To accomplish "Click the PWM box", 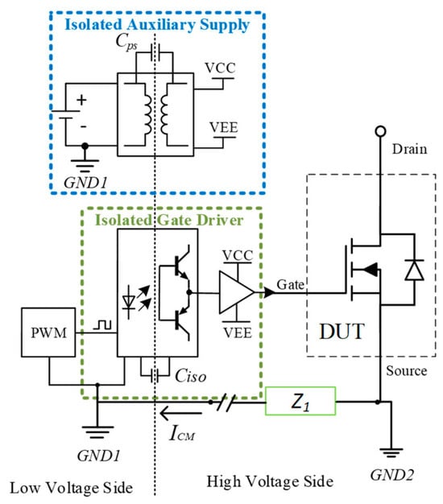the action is pyautogui.click(x=48, y=333).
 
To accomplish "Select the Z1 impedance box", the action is pyautogui.click(x=300, y=401).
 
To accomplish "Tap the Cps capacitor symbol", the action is pyautogui.click(x=155, y=52).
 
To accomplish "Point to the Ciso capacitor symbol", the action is pyautogui.click(x=155, y=375).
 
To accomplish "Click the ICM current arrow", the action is pyautogui.click(x=180, y=413).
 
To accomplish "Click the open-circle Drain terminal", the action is pyautogui.click(x=380, y=131).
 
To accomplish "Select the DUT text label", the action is pyautogui.click(x=342, y=331).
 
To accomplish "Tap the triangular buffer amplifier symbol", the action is pyautogui.click(x=237, y=292).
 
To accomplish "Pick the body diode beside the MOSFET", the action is pyautogui.click(x=414, y=270).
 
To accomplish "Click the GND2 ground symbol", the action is pyautogui.click(x=391, y=452).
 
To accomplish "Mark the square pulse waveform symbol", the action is pyautogui.click(x=102, y=324).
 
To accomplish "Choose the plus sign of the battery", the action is pyautogui.click(x=81, y=100).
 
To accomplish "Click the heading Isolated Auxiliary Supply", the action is pyautogui.click(x=157, y=25).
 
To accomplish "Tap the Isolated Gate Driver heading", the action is pyautogui.click(x=169, y=220).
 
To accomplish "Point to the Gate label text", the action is pyautogui.click(x=290, y=284).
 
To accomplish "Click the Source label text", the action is pyautogui.click(x=406, y=371).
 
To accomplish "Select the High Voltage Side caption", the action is pyautogui.click(x=270, y=481).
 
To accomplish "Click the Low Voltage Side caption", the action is pyautogui.click(x=72, y=488).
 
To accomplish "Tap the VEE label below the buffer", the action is pyautogui.click(x=238, y=333).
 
